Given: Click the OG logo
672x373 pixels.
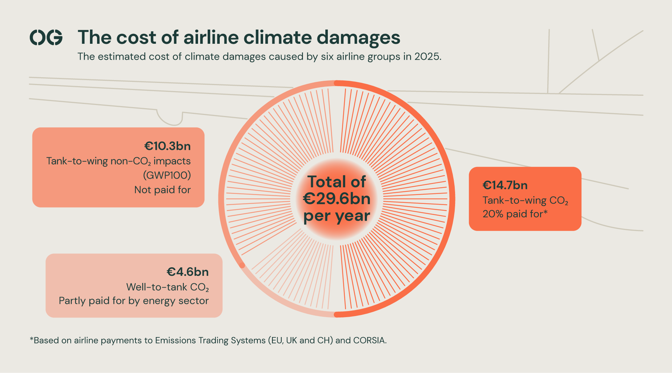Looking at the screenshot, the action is (x=46, y=37).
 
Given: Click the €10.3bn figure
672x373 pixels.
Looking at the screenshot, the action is (x=167, y=146).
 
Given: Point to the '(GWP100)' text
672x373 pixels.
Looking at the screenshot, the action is (x=167, y=175).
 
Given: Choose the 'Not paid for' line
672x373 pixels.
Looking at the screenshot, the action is (x=162, y=190).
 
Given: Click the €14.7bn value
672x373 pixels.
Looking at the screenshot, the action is (x=505, y=185).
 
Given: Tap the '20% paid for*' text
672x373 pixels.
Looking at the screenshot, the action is (x=515, y=214).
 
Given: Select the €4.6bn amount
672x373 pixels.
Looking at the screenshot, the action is (x=188, y=272).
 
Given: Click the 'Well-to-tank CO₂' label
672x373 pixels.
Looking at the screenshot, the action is (x=167, y=287).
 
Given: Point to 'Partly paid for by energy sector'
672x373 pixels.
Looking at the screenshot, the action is (x=134, y=301).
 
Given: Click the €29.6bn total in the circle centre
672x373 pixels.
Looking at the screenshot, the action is (x=337, y=199).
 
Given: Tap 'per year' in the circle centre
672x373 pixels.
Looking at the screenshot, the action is (x=337, y=216).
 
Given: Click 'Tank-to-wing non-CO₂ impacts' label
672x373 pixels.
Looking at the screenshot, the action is (x=118, y=161).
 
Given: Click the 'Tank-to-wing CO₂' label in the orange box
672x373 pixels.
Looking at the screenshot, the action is (x=525, y=201).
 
